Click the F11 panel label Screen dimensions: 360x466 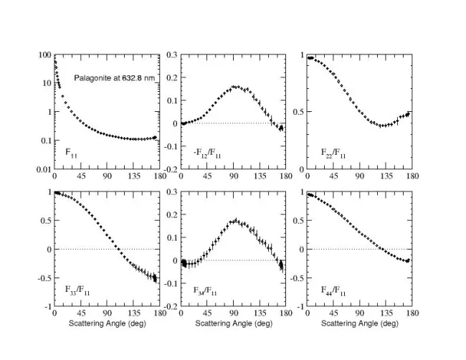[x=70, y=153]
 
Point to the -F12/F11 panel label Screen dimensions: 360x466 [x=204, y=153]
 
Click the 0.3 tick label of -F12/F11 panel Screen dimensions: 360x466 [x=171, y=55]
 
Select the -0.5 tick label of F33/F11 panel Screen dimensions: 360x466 [x=41, y=278]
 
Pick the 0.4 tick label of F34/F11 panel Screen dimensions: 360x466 [x=171, y=192]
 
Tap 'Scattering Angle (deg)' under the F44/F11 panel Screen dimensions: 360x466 [x=359, y=324]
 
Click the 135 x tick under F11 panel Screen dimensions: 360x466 [x=105, y=176]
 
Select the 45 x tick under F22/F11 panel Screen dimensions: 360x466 [x=334, y=176]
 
